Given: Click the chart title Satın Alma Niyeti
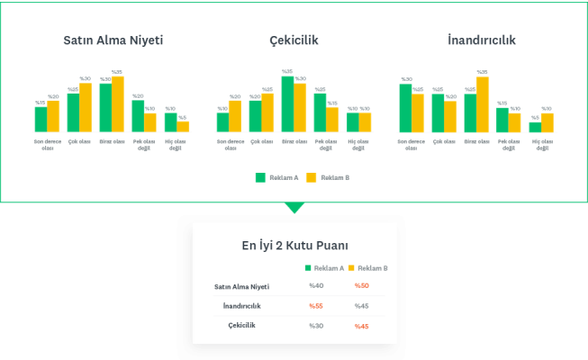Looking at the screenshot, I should [x=113, y=40].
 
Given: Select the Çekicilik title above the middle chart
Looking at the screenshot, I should [x=294, y=40].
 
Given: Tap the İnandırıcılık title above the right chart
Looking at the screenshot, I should [x=482, y=40].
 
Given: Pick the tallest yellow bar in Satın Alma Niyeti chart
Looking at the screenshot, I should [x=118, y=103].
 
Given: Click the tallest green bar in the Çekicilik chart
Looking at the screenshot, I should [x=287, y=103].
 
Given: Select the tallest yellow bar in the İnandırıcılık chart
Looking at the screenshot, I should [x=483, y=103].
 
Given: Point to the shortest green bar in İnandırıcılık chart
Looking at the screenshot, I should [x=535, y=127].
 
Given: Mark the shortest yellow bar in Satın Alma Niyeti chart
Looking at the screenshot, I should [x=184, y=126].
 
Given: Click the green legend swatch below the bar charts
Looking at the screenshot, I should [x=261, y=177].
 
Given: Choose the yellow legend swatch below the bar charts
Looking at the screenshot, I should [x=312, y=177].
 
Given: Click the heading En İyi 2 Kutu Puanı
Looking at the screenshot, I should [x=294, y=245].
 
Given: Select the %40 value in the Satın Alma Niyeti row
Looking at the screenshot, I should [x=316, y=285].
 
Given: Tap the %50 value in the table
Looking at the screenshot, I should [x=361, y=285].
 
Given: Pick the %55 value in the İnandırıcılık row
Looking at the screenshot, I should [x=316, y=306].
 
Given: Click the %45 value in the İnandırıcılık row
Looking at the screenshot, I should [x=361, y=306].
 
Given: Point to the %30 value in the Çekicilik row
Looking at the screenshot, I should [x=316, y=326].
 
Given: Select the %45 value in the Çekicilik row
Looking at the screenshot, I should [x=361, y=326].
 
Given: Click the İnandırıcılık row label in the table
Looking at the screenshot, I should [x=241, y=306].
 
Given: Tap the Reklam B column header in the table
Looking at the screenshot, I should [x=372, y=268].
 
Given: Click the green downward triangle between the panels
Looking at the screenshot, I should [x=294, y=209].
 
